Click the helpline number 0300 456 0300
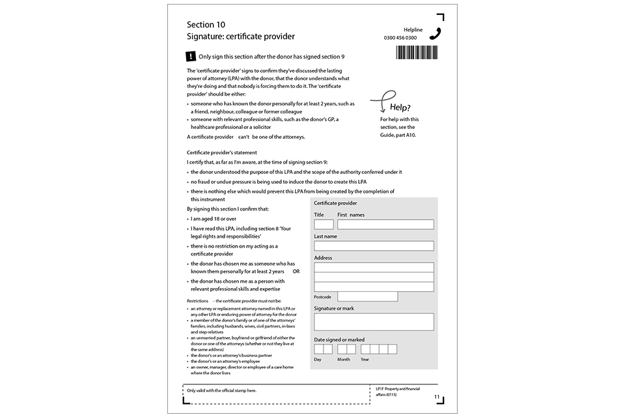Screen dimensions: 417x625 pos(400,38)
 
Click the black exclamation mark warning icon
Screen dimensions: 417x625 pos(190,57)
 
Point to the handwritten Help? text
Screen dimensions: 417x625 pos(400,108)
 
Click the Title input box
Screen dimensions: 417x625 pos(324,224)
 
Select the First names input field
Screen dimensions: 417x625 pos(385,224)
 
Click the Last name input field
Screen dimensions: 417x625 pos(374,246)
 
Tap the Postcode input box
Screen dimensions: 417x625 pos(367,296)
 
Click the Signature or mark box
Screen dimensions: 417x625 pos(374,322)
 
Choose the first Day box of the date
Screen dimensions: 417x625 pos(318,349)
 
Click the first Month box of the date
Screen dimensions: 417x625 pos(342,349)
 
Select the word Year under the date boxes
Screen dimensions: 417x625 pos(365,359)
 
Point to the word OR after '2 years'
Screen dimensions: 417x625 pos(296,271)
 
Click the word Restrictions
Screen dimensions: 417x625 pos(198,300)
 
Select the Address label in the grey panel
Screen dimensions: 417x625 pos(323,258)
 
